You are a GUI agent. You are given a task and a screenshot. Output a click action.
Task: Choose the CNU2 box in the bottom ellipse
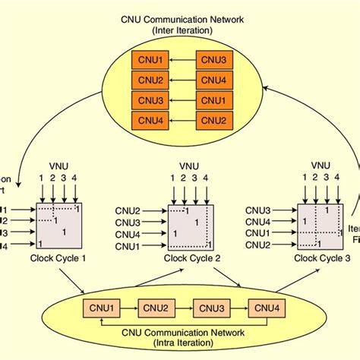pos(155,308)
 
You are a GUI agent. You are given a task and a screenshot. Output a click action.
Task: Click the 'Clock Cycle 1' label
pos(58,257)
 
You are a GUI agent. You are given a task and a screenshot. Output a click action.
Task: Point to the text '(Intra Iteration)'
pos(181,343)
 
